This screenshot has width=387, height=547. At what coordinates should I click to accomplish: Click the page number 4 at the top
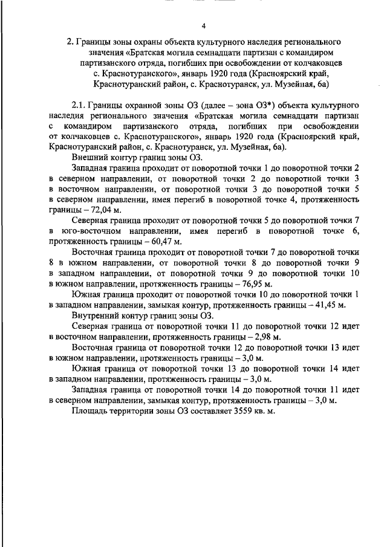(203, 25)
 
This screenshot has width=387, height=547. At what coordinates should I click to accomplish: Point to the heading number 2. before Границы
(70, 42)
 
